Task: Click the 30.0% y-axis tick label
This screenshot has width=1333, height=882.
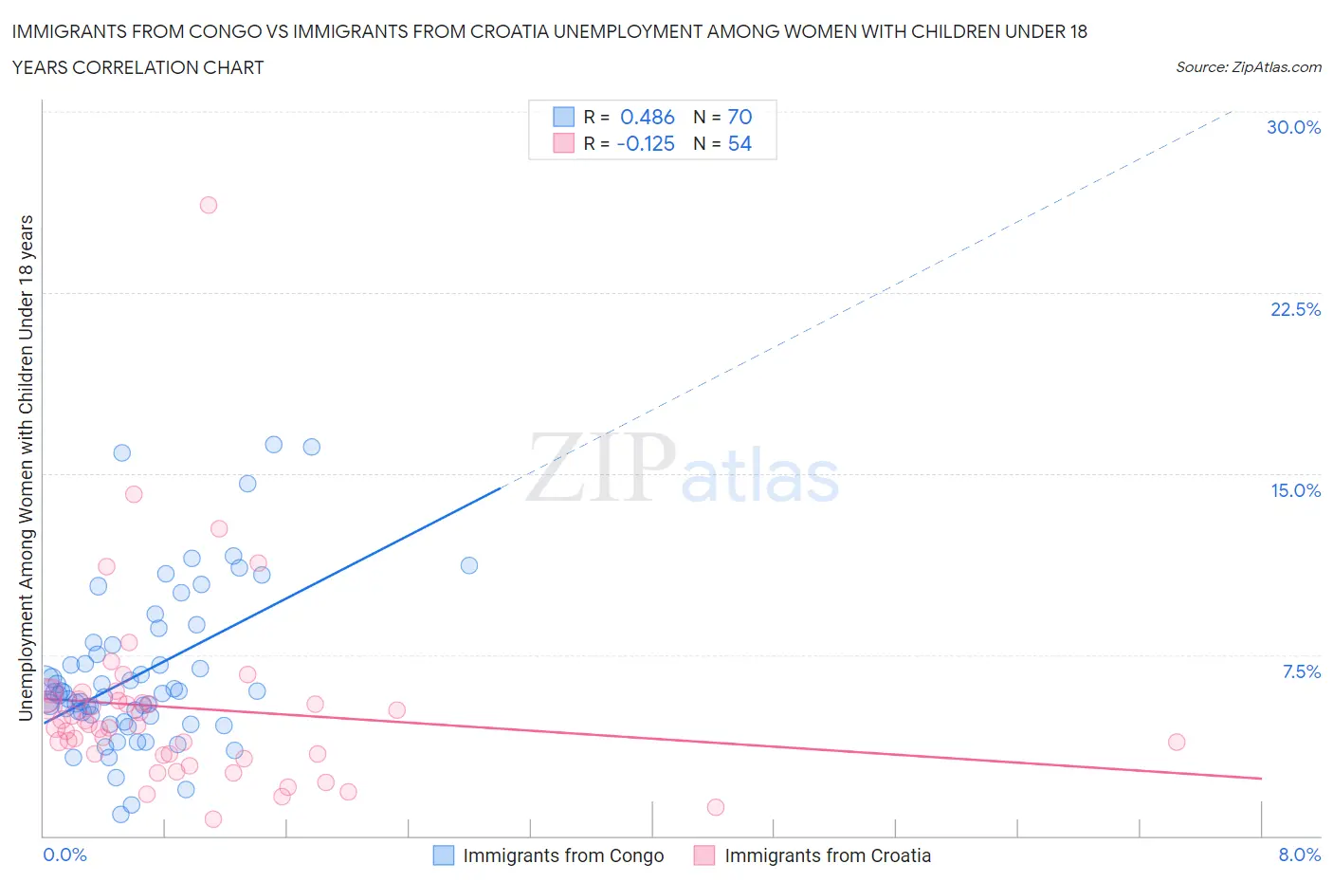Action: (1293, 127)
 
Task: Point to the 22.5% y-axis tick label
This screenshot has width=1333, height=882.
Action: (1295, 309)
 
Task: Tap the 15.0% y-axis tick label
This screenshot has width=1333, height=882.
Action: (1295, 490)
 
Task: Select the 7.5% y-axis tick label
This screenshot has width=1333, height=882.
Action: (1301, 671)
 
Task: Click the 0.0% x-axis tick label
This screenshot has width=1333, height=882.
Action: (64, 854)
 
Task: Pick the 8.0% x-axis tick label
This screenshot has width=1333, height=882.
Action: (1299, 854)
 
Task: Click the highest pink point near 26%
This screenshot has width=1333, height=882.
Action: (209, 205)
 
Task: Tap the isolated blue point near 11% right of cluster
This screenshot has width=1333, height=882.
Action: (469, 565)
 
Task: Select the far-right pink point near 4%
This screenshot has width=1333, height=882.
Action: (1177, 742)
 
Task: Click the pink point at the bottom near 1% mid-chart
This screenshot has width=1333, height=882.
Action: (716, 807)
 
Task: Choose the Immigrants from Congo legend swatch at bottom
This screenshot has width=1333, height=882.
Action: (444, 855)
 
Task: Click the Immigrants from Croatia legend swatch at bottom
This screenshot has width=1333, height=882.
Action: (704, 855)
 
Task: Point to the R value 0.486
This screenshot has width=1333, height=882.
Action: (647, 117)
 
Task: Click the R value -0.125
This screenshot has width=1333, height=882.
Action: (645, 143)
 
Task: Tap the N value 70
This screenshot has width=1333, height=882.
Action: (740, 117)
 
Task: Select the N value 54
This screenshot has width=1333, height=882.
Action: (740, 143)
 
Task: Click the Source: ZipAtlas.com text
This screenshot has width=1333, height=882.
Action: (1248, 66)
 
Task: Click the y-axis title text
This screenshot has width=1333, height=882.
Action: (27, 468)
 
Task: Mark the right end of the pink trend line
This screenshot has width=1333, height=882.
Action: (1261, 778)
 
